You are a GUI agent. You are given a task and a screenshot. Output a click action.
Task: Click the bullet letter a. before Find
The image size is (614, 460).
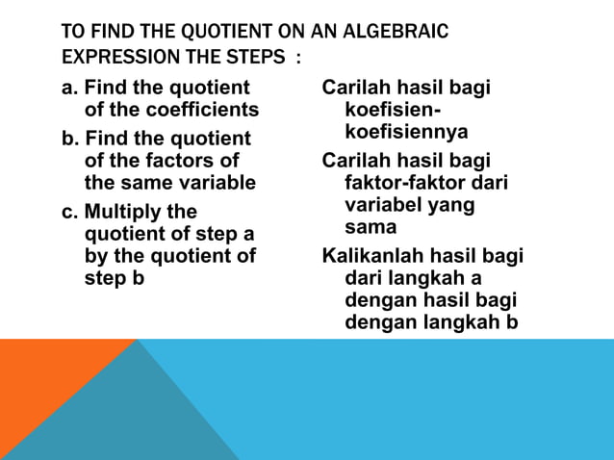coord(70,89)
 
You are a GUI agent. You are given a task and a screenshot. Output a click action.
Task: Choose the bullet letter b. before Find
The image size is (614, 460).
coord(70,140)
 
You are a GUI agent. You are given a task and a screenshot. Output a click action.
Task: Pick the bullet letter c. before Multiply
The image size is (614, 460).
coord(70,212)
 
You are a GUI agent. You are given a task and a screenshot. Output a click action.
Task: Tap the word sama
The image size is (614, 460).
coord(371,227)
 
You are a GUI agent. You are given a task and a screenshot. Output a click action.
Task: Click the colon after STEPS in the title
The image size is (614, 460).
coord(298,58)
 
